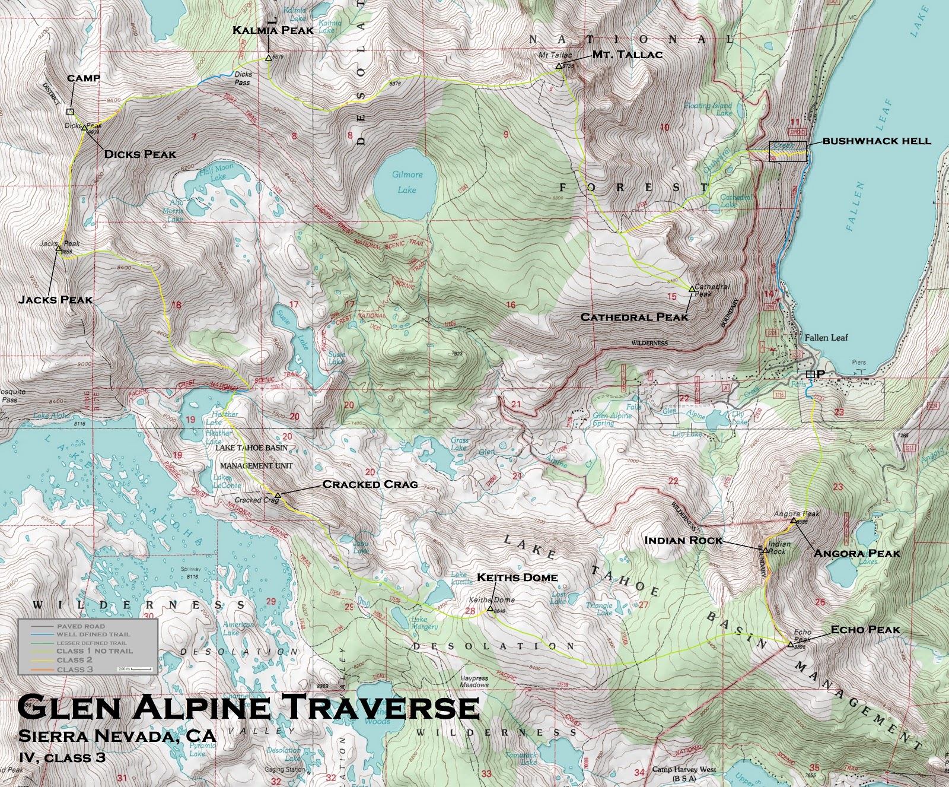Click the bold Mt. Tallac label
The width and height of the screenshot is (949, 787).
627,55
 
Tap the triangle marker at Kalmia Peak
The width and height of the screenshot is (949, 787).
268,58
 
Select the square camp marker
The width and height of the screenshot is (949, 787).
70,112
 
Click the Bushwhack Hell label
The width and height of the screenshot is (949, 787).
876,141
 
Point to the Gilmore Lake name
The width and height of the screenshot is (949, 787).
407,182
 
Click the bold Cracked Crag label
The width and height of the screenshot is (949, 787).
370,484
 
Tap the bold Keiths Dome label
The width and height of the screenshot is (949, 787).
517,577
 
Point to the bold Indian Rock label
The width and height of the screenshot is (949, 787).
683,540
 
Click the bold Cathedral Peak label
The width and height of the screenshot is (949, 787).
634,318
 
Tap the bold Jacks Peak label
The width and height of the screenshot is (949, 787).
56,300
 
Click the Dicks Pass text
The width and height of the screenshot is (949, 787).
243,78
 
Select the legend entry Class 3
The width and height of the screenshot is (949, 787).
75,669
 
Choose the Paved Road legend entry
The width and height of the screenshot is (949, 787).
81,626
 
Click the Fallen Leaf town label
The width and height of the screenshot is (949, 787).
826,338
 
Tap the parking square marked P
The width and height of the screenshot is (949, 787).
810,374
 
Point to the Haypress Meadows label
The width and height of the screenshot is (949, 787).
474,681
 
